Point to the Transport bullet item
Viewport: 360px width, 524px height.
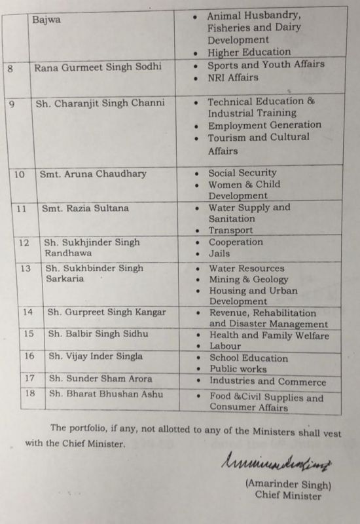[230, 231]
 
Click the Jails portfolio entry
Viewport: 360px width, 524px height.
[219, 253]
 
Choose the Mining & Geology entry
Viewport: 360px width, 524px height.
[248, 280]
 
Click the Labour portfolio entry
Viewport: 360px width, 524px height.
[225, 346]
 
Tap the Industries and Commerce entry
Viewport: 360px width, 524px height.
[267, 382]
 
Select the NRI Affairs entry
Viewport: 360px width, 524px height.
[232, 77]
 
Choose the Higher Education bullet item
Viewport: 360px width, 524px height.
[249, 52]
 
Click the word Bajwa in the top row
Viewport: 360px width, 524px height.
[46, 20]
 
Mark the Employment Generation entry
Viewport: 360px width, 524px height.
[264, 124]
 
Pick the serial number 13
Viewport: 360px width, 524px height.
[26, 269]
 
